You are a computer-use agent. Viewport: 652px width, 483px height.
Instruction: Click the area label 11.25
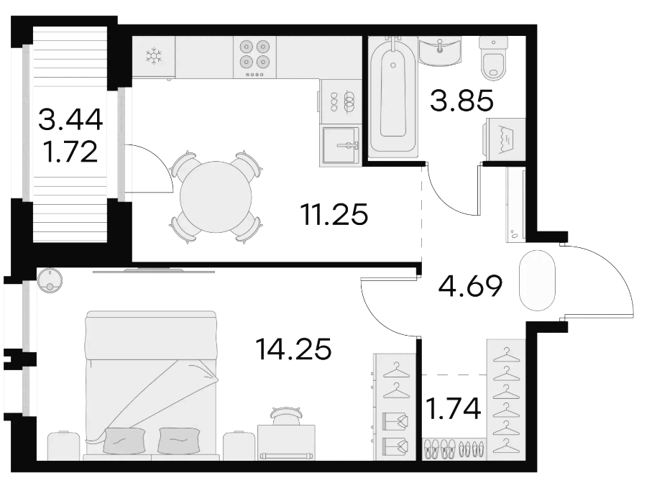click(334, 215)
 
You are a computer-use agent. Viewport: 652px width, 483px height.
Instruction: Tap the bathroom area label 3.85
click(462, 101)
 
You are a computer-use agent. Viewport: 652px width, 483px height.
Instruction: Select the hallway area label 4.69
click(471, 286)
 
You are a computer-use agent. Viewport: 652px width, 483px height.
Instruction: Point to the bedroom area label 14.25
click(293, 349)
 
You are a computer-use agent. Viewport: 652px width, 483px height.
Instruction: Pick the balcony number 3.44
click(70, 120)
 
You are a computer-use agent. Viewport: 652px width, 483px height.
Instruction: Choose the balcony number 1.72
click(70, 152)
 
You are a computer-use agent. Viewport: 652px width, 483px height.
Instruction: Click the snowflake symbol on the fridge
click(153, 56)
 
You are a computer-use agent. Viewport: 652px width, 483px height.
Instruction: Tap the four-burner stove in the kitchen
click(254, 57)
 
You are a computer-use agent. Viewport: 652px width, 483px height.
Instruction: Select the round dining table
click(216, 197)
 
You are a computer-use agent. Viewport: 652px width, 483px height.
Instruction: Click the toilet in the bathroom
click(494, 57)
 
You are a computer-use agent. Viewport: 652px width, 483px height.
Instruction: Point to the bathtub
click(393, 98)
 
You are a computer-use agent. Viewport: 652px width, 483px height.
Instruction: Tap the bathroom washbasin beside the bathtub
click(440, 51)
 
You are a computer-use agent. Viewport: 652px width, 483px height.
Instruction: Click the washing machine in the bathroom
click(505, 139)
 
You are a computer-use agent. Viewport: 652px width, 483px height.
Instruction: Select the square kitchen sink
click(341, 146)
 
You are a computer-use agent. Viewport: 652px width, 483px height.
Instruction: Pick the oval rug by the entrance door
click(537, 280)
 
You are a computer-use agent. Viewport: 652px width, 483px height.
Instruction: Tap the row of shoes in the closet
click(454, 449)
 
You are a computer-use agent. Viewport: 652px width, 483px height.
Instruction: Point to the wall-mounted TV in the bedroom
click(154, 271)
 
